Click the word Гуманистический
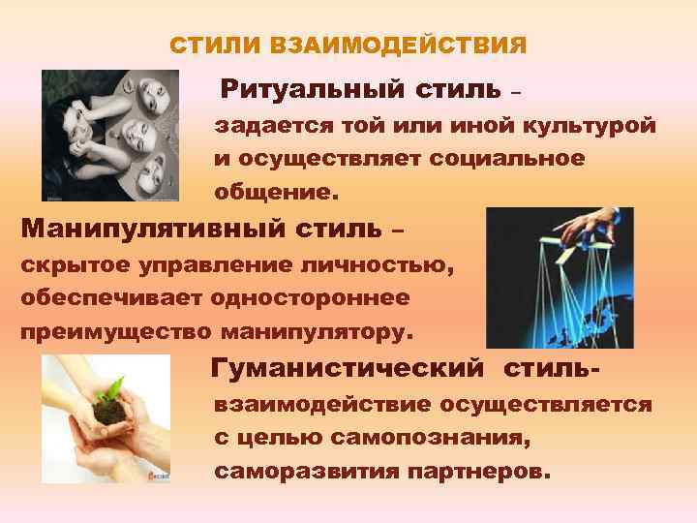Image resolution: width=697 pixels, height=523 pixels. click(x=348, y=369)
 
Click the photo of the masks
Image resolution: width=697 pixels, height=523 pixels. click(x=110, y=135)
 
